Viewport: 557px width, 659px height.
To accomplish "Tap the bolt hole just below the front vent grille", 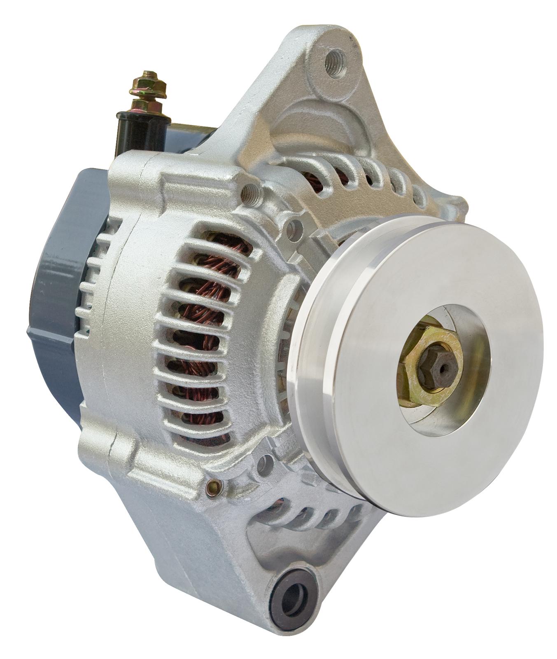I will click(266, 460).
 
